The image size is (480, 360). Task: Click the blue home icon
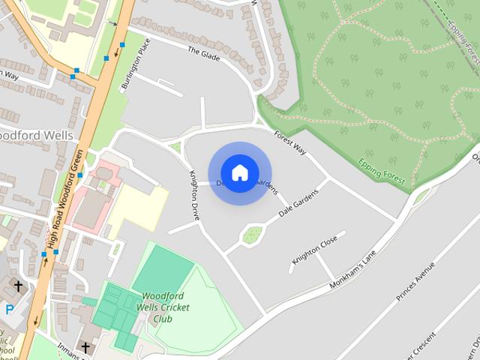point(239,173)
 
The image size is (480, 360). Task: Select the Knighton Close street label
point(315,249)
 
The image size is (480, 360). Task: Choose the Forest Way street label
point(291,142)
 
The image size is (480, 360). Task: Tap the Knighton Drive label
point(193,193)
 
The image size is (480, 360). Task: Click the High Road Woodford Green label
point(64,209)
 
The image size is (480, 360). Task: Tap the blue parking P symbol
point(10,308)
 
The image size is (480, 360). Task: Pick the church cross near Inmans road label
point(85,347)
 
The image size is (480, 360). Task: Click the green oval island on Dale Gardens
point(251,235)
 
